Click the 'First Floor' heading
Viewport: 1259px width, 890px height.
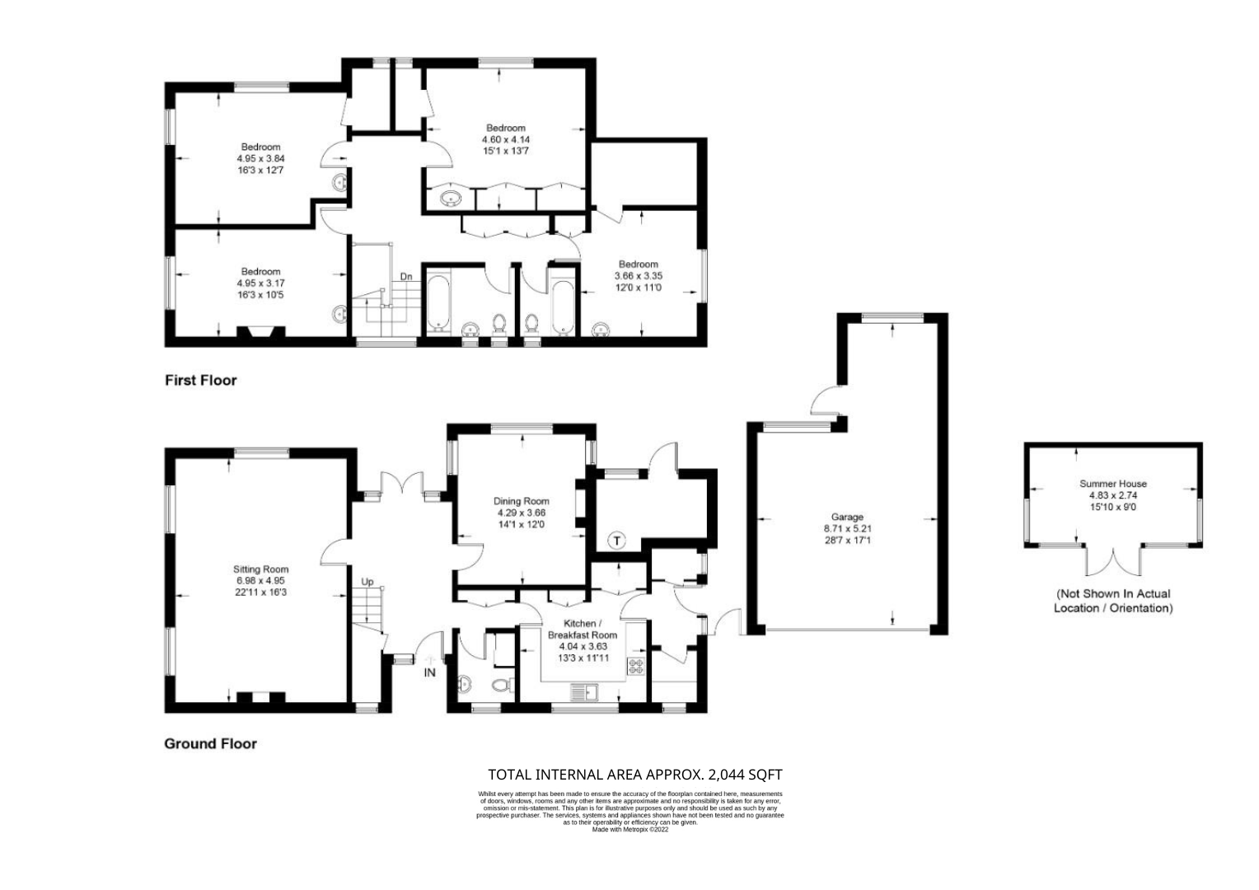201,381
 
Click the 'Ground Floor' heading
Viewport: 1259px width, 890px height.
210,744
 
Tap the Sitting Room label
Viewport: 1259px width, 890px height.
261,569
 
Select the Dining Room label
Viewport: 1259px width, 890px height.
522,501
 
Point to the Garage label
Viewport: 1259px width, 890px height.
847,517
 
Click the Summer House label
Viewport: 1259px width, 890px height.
1113,484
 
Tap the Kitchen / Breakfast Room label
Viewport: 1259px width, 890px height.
583,629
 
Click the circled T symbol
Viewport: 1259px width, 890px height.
617,541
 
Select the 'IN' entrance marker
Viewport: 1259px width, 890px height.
429,672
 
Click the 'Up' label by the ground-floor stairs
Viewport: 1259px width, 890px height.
367,582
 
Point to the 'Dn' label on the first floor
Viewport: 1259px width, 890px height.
406,277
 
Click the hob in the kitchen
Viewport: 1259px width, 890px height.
636,666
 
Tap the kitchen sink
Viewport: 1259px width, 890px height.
584,692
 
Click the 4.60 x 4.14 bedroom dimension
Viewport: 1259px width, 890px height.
506,139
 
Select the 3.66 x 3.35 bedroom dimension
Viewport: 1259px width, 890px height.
639,276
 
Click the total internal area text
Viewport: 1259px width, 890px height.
635,775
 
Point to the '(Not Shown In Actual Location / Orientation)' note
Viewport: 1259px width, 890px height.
1113,601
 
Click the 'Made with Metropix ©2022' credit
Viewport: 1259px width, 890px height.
630,829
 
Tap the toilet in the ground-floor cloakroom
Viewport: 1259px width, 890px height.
502,685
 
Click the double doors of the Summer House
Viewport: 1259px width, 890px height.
1113,560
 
